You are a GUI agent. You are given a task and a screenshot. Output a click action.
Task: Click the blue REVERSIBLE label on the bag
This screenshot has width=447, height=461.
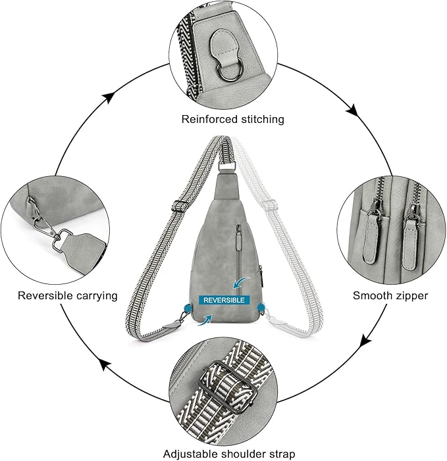click(x=225, y=299)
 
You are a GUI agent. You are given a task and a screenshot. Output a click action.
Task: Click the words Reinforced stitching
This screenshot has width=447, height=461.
click(x=223, y=119)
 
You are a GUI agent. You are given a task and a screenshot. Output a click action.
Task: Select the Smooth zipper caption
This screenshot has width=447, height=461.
click(x=390, y=295)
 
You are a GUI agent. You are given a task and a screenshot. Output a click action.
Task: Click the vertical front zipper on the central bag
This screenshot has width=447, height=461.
click(x=238, y=253)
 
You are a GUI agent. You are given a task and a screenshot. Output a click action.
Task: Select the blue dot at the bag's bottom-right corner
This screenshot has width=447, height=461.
click(x=261, y=307)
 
